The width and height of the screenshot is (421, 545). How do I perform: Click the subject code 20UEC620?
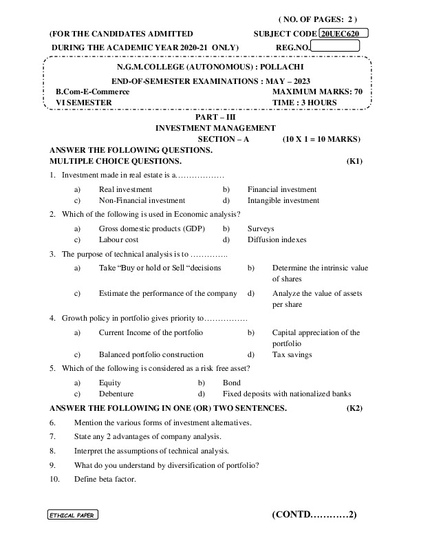tap(344, 33)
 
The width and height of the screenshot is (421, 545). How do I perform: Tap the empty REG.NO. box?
tap(335, 46)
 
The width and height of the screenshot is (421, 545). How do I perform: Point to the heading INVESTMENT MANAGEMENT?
tap(215, 128)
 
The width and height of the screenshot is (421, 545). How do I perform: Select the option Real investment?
tap(125, 189)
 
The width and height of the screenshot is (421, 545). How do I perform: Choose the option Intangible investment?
tap(283, 201)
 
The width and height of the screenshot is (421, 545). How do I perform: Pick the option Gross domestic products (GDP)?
tap(152, 228)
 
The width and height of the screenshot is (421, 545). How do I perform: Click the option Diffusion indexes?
tap(277, 240)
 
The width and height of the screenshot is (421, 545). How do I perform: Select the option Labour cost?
tap(118, 240)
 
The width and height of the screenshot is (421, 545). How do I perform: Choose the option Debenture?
tap(116, 394)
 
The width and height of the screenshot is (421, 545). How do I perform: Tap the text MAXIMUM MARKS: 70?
tap(317, 92)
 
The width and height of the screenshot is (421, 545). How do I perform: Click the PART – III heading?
tap(215, 118)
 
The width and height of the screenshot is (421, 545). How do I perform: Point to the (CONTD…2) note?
tap(314, 514)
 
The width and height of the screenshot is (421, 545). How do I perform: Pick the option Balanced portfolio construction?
tap(151, 355)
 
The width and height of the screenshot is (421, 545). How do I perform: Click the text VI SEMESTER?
tap(83, 103)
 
